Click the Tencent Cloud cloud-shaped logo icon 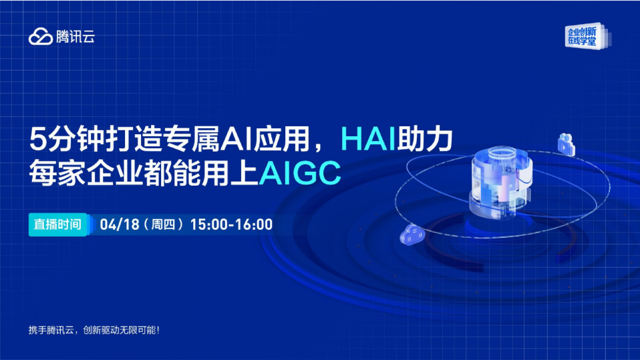coord(41,36)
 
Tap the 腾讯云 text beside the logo coord(75,37)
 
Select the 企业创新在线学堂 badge coord(586,36)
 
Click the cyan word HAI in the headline coord(368,139)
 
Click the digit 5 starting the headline coord(37,140)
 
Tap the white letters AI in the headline coord(236,139)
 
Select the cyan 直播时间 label coord(57,224)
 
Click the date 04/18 coord(120,224)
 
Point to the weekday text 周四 coord(163,224)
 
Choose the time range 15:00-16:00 coord(231,224)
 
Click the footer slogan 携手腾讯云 coord(51,330)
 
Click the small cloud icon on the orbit coord(412,235)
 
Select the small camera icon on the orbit coord(566,144)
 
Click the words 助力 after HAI coord(424,139)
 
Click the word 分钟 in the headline coord(74,139)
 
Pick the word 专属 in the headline coord(192,139)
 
